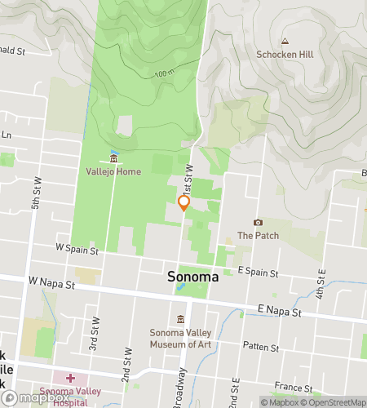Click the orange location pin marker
184,203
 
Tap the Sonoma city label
192,277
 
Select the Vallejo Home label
113,171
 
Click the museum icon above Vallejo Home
113,158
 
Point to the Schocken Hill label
285,54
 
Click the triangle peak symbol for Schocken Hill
285,41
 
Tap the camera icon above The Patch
258,223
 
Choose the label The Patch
258,236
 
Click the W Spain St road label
77,249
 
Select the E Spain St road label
259,273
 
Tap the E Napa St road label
280,312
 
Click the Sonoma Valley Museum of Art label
180,338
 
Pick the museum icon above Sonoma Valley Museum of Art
180,319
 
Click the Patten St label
261,347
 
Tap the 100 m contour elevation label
164,73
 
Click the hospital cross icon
71,378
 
